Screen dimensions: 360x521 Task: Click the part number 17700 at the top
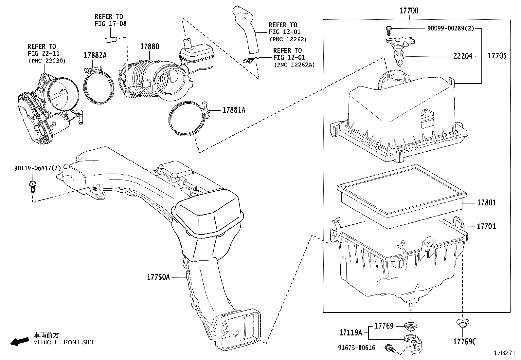point(408,11)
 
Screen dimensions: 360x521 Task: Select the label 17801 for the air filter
point(486,203)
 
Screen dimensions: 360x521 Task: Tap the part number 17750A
point(158,277)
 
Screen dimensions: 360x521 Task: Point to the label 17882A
point(95,55)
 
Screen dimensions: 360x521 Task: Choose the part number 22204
point(463,56)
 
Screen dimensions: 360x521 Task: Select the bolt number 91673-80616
point(356,348)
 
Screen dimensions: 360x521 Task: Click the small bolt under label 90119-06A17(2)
point(32,186)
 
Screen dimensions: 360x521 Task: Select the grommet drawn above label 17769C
point(461,323)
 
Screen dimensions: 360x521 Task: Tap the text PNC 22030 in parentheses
point(47,61)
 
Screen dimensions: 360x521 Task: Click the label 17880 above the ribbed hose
point(150,47)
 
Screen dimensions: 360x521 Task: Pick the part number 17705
point(497,56)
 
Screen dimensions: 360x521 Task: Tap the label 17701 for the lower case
point(486,226)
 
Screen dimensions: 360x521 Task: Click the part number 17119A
point(350,333)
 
